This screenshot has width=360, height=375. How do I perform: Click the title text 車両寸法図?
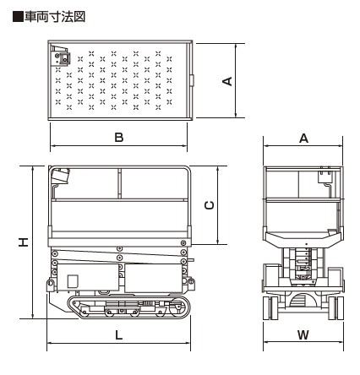[x=55, y=17]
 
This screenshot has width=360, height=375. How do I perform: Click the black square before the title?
[x=18, y=17]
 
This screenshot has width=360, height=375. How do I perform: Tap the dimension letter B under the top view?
[x=119, y=138]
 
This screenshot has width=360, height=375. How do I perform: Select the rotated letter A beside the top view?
[x=227, y=81]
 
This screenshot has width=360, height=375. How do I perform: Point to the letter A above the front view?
[x=303, y=139]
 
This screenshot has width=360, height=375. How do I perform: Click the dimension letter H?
[x=24, y=242]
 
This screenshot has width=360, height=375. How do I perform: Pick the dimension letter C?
[x=210, y=205]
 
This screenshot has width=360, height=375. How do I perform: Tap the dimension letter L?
[x=119, y=335]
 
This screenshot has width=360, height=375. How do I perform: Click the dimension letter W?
[x=303, y=335]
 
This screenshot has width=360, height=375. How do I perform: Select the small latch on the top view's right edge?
[x=192, y=80]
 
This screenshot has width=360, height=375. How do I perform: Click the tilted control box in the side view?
[x=61, y=176]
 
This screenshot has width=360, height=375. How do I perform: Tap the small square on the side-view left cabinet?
[x=73, y=281]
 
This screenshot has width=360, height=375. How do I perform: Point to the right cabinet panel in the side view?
[x=153, y=278]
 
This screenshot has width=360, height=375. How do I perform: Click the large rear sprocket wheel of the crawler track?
[x=177, y=307]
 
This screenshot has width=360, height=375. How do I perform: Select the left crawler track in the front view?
[x=270, y=307]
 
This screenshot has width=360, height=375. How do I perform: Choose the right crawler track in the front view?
[x=336, y=307]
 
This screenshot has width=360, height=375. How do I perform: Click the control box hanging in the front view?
[x=325, y=176]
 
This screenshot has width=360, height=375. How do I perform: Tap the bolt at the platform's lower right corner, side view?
[x=183, y=242]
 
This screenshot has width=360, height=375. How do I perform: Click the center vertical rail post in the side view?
[x=119, y=183]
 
